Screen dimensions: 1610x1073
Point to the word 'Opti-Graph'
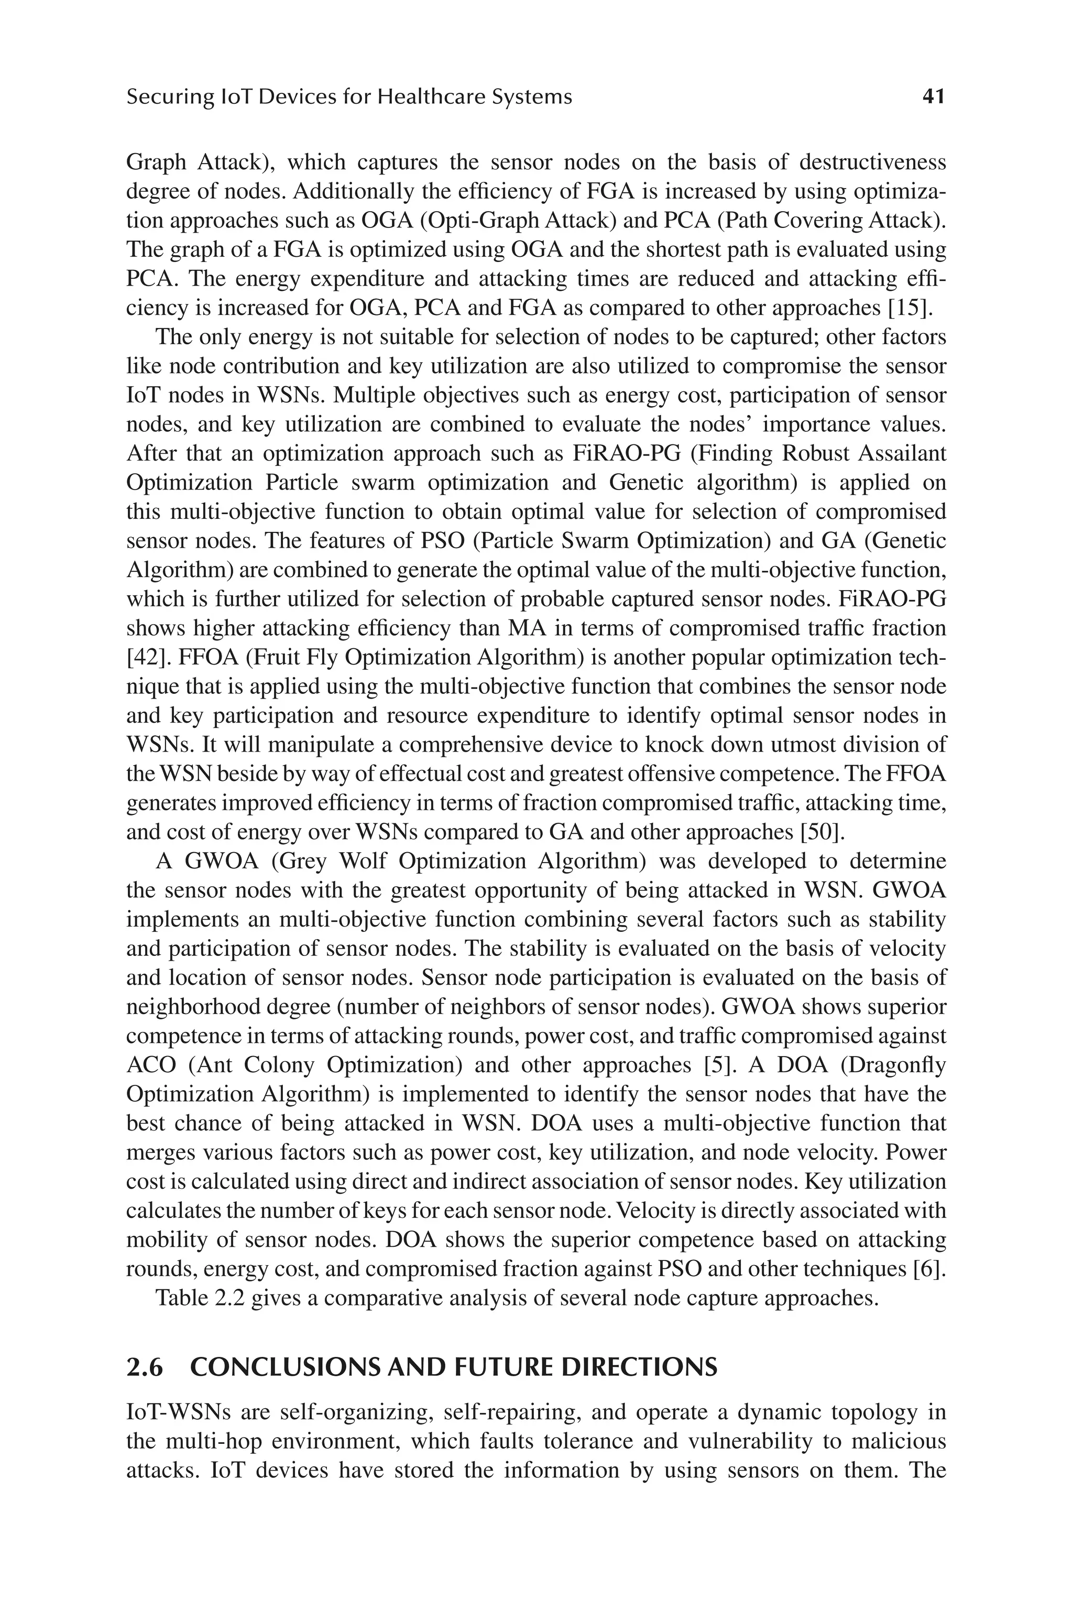[x=460, y=221]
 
